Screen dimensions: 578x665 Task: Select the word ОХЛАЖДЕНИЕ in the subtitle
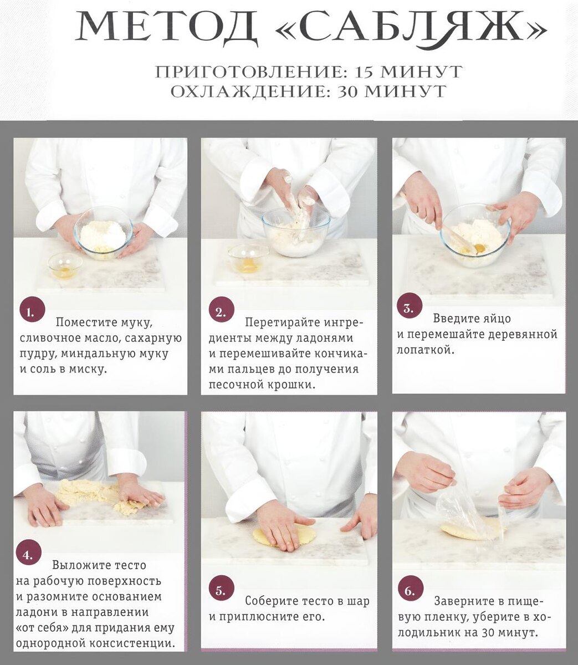[248, 91]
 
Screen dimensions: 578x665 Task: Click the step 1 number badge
[32, 313]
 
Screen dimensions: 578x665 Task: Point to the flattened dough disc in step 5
[284, 534]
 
